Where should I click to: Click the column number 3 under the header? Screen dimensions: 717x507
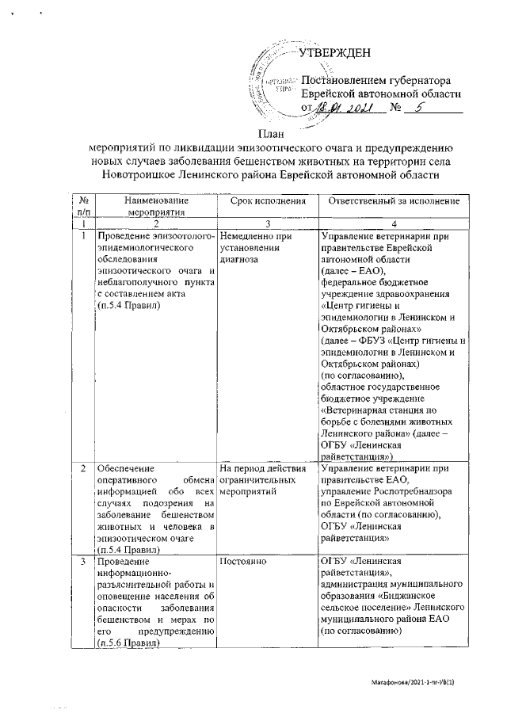pos(267,223)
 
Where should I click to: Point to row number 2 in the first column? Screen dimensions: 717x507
pos(83,470)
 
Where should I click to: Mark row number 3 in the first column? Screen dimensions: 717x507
pos(83,563)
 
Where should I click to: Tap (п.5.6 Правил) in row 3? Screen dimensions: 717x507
pos(126,643)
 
